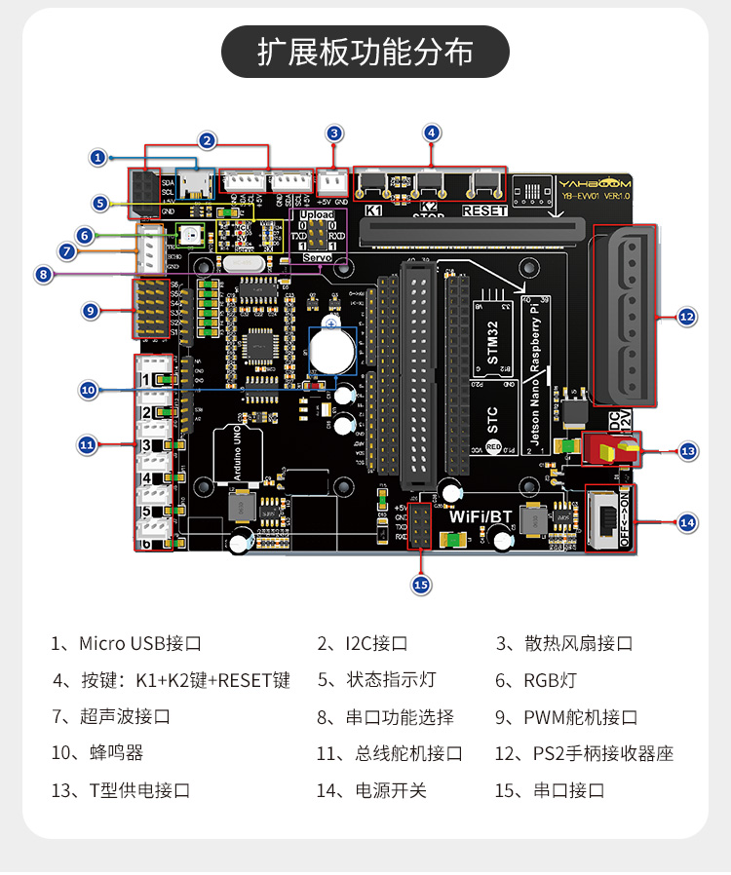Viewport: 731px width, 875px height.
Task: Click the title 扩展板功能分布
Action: pyautogui.click(x=365, y=52)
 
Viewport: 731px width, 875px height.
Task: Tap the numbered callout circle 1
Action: pyautogui.click(x=97, y=156)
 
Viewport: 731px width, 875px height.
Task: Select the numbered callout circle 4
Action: pyautogui.click(x=433, y=133)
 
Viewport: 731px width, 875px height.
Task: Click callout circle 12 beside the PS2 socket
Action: pyautogui.click(x=687, y=316)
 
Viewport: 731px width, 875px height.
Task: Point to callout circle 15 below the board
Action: pyautogui.click(x=421, y=585)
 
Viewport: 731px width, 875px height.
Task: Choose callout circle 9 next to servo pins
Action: pyautogui.click(x=91, y=311)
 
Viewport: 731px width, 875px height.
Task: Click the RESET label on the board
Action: pyautogui.click(x=484, y=210)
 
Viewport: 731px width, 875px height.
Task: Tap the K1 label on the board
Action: pyautogui.click(x=373, y=210)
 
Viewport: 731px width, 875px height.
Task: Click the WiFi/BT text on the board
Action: pyautogui.click(x=481, y=515)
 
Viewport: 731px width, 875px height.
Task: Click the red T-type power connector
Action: pyautogui.click(x=606, y=448)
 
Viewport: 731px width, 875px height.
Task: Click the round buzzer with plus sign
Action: pyautogui.click(x=332, y=347)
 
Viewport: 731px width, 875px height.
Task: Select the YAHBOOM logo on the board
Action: pyautogui.click(x=596, y=182)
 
